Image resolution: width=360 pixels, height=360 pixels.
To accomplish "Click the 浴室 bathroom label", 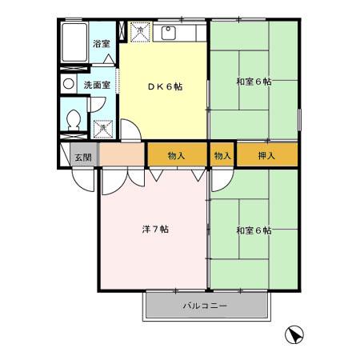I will pos(101,45).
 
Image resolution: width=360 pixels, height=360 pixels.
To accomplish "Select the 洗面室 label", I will pos(97,84).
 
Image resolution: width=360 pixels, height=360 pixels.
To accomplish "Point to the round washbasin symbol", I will pos(68,83).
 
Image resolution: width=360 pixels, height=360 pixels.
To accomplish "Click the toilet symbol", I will pos(74,120).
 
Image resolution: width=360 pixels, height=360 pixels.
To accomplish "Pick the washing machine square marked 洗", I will pos(102,128).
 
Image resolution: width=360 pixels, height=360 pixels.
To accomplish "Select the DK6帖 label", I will pos(164,86).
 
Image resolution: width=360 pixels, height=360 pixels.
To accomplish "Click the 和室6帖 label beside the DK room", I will pos(253,81).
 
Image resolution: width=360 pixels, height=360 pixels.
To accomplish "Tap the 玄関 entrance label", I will pos(83,156).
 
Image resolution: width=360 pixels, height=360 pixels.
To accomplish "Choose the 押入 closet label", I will pos(266,154).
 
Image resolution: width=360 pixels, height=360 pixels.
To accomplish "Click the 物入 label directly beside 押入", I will pos(222,154).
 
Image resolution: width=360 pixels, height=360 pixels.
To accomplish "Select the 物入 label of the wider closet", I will pos(178,154).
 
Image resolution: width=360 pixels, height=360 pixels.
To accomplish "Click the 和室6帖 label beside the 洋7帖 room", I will pos(253,230).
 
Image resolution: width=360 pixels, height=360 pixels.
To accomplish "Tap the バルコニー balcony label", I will pos(206,306).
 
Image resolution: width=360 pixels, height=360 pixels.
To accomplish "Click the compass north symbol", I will pos(294,334).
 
